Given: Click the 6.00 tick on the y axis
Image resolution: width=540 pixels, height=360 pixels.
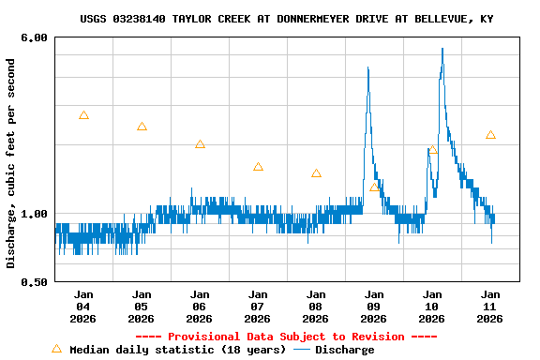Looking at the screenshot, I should point(35,37).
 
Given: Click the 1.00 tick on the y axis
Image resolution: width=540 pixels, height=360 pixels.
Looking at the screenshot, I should point(35,214).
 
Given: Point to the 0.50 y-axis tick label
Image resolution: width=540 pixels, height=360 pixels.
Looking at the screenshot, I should point(35,281).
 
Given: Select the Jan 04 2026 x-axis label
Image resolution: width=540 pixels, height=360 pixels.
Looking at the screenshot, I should point(83,306).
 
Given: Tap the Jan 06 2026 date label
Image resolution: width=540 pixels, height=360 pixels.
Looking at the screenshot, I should point(200,306).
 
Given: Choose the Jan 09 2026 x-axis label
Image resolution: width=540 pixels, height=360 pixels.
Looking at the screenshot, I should point(374,306).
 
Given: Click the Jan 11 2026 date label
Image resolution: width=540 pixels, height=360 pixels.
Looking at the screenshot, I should point(490,306).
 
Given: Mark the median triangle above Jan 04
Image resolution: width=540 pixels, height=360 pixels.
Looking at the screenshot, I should point(83,115).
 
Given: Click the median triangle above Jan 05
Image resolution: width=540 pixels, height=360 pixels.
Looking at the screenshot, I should point(142,127).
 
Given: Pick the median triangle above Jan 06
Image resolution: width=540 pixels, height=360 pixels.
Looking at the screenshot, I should point(200,144).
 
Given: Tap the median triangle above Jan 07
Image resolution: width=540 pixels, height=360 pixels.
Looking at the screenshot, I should point(258,167).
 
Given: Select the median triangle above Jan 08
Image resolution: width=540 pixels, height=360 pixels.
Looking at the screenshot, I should point(316,173).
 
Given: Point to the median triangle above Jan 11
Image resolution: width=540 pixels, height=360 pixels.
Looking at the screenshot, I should point(490,135).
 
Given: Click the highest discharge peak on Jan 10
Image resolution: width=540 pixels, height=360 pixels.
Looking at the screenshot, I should point(442,49).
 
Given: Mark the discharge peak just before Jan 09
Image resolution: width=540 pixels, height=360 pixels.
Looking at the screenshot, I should point(368,67).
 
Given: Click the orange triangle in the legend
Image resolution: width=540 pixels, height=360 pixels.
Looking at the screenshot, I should point(56,349).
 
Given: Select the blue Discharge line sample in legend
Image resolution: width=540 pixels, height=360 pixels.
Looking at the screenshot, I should point(301,350).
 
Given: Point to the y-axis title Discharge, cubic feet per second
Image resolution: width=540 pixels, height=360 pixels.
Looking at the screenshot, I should point(11,163).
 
